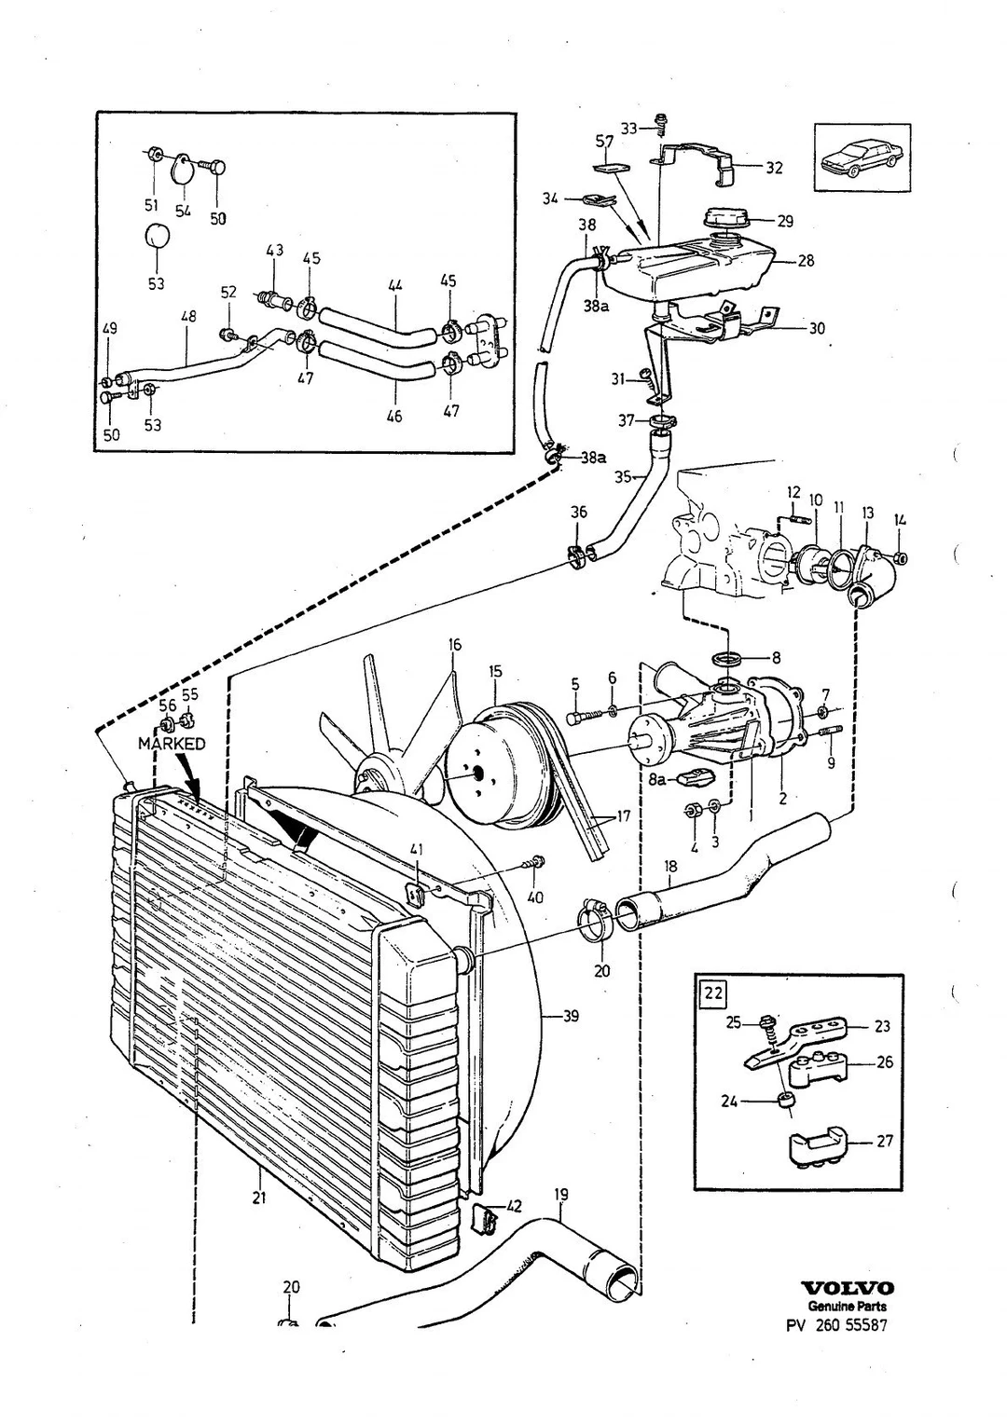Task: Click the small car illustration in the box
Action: (x=861, y=157)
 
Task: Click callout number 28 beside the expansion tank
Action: (x=805, y=261)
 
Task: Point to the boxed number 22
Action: (x=713, y=993)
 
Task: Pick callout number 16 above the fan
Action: (x=454, y=645)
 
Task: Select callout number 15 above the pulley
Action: (x=496, y=671)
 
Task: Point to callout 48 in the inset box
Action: (x=188, y=317)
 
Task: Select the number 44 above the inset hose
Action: (x=395, y=286)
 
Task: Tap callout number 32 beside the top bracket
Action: (x=774, y=168)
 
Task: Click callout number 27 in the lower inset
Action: (x=885, y=1141)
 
